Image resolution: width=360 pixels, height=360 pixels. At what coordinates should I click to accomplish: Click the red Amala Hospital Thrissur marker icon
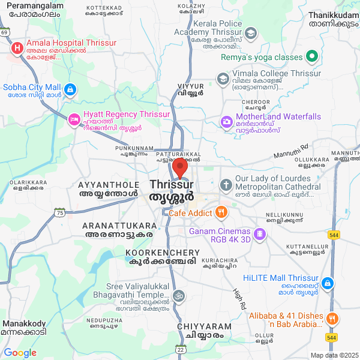[x=17, y=47]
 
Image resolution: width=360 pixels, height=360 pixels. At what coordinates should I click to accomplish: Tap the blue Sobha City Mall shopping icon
[x=70, y=90]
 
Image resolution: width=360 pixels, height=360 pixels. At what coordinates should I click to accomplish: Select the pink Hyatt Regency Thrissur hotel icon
[x=74, y=119]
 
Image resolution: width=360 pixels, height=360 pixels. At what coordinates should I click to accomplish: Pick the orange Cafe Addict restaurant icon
[x=221, y=211]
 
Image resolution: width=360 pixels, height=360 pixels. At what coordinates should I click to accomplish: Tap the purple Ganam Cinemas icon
[x=259, y=233]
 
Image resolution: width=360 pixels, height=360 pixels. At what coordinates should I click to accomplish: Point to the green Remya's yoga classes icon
[x=311, y=57]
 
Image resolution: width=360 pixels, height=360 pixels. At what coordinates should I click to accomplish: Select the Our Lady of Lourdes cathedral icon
[x=226, y=184]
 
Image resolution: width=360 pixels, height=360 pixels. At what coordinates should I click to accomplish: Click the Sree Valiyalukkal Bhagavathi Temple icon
[x=178, y=295]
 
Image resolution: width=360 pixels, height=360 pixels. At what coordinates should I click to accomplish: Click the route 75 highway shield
[x=59, y=212]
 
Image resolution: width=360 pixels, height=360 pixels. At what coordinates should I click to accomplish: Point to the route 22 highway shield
[x=180, y=349]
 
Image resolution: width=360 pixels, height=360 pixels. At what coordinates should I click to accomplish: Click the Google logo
[x=20, y=353]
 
